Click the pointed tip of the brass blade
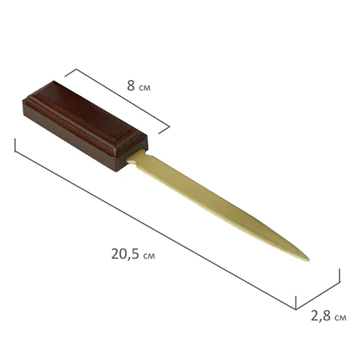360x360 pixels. click(309, 260)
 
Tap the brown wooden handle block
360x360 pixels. click(85, 126)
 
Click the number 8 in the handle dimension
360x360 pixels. click(130, 85)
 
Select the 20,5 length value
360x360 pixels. click(125, 254)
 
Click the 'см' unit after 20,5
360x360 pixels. click(149, 256)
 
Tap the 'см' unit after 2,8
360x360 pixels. click(340, 318)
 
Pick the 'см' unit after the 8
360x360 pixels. click(145, 88)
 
